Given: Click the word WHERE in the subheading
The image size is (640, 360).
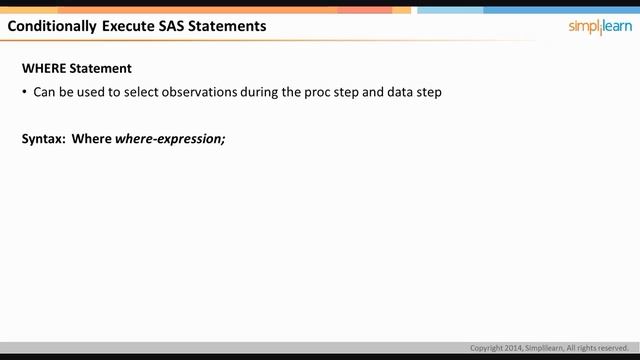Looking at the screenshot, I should point(44,69).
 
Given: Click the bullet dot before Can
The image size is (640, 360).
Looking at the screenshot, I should point(24,92).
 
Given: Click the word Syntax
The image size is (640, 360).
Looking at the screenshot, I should point(43,139).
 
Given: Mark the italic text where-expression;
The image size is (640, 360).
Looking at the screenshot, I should point(170,139).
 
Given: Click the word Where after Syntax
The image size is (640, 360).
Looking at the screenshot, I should point(91,139).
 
